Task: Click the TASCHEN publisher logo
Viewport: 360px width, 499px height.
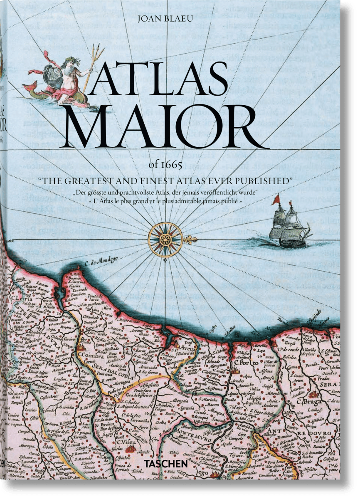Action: (x=180, y=474)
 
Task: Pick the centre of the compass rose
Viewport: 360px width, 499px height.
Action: (x=165, y=239)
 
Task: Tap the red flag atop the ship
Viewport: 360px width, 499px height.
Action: (x=275, y=200)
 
